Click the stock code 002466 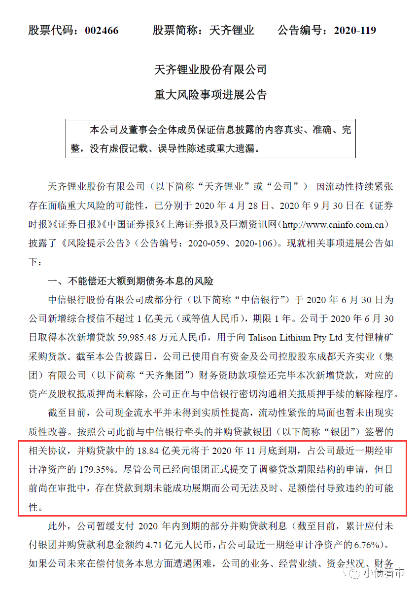[x=102, y=31]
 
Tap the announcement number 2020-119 [x=354, y=31]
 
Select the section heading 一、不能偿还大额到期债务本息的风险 [x=130, y=281]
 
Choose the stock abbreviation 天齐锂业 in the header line [x=232, y=31]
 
